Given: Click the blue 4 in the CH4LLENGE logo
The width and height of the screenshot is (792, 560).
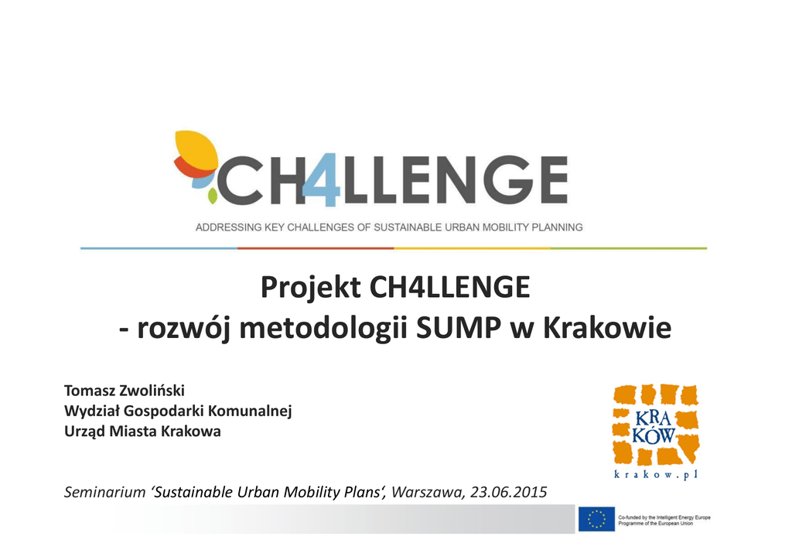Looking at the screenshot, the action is tap(322, 179).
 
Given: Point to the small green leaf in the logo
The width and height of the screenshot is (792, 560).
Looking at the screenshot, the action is tap(213, 196).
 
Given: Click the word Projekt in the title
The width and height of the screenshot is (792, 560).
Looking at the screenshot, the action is tap(311, 289).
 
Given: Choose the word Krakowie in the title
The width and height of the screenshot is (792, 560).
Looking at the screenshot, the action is tap(607, 328).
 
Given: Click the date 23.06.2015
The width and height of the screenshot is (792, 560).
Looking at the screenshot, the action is tap(509, 493).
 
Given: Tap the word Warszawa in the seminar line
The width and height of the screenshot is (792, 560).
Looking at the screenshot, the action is tap(427, 493).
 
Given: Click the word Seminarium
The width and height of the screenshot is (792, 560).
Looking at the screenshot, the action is tap(104, 493).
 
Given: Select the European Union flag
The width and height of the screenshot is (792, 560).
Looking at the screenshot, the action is tap(596, 519).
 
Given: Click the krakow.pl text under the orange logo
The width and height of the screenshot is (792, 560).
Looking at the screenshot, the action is tap(656, 475).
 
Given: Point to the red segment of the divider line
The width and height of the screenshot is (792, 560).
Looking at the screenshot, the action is tap(316, 248).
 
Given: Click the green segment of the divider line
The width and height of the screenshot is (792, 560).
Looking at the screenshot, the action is tap(629, 248).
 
